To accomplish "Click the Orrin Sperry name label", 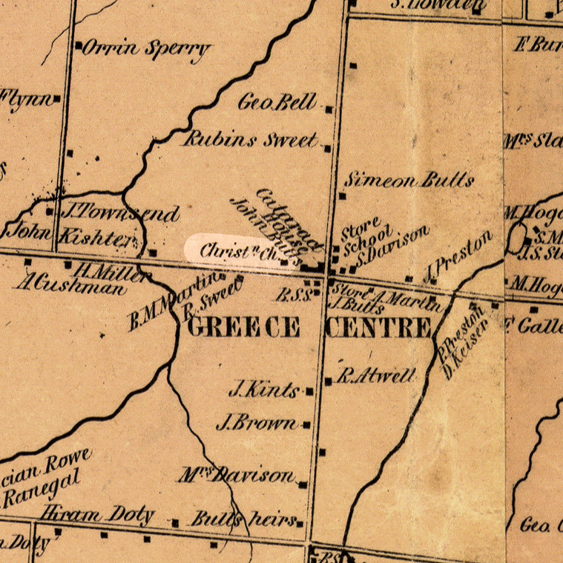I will (x=145, y=49).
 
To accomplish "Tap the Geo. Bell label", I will (x=277, y=102).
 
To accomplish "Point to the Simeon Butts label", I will (x=409, y=180).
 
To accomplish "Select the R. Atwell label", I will (x=376, y=376).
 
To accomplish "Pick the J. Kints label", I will (x=264, y=389).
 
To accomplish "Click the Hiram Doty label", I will (x=98, y=514).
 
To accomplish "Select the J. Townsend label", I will (x=119, y=213).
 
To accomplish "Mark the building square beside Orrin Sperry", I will (x=78, y=46).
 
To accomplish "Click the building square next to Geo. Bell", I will (x=329, y=109).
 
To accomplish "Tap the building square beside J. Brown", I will (x=306, y=425).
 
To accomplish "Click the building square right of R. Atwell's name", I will (x=329, y=382).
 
